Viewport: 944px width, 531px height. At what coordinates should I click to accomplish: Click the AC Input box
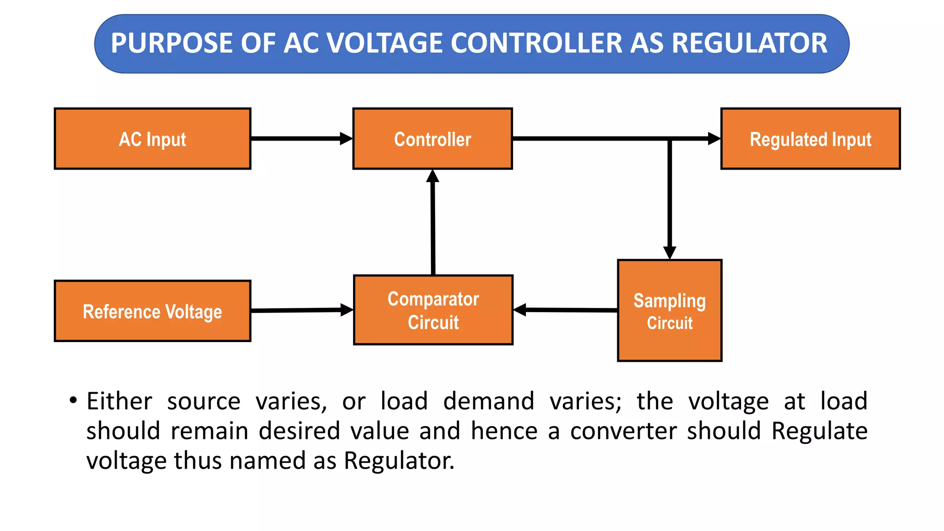coord(153,139)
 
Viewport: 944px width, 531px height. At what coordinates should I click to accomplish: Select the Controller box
coord(432,139)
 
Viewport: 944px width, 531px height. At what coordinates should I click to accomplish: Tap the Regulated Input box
coord(810,139)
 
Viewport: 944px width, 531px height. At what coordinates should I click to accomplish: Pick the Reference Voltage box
coord(153,311)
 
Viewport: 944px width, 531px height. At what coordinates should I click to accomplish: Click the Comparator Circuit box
coord(433,310)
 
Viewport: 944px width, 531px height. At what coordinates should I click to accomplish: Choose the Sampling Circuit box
coord(669,311)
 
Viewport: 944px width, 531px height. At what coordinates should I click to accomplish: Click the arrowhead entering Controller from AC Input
coord(346,138)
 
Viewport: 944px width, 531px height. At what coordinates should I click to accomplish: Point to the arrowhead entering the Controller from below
coord(432,176)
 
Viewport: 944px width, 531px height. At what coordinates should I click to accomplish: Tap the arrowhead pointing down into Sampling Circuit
coord(669,253)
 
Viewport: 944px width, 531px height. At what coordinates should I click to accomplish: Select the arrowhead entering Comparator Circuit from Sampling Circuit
coord(520,310)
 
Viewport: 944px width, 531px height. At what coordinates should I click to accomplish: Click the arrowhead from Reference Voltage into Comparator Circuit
coord(347,310)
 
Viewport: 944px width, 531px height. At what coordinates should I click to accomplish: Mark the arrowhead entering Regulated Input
coord(714,138)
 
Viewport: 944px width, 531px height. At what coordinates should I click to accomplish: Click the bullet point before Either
coord(73,400)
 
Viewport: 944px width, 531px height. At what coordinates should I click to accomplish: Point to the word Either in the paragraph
coord(119,401)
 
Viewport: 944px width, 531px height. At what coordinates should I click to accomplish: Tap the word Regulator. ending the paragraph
coord(399,460)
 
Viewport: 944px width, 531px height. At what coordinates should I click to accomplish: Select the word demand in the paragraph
coord(489,401)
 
